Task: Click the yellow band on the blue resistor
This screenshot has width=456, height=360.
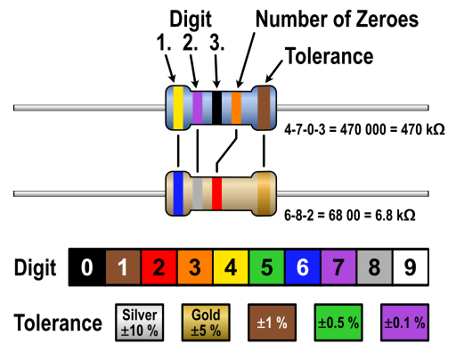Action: (178, 108)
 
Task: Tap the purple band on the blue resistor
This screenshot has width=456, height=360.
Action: (198, 108)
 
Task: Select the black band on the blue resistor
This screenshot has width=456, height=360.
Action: (216, 108)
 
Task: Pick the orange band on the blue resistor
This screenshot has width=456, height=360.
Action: (236, 108)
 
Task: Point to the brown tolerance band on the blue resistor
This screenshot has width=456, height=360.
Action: (264, 108)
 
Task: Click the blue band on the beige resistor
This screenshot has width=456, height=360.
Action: (178, 193)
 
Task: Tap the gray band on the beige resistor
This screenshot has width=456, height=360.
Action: (198, 193)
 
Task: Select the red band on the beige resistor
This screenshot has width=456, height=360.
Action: (216, 193)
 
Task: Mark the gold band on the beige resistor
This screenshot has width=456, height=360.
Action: (264, 193)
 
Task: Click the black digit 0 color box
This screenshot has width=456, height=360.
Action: (87, 267)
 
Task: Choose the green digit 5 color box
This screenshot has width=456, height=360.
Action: (266, 267)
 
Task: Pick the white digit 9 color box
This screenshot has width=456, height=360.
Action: (411, 267)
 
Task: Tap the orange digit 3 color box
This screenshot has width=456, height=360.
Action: (195, 267)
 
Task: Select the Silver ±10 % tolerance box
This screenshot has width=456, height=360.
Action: (140, 323)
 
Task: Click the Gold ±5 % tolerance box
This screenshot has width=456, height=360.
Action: (206, 323)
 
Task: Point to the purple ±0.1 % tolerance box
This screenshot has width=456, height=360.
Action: (404, 323)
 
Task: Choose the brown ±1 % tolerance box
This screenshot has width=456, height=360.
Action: (272, 323)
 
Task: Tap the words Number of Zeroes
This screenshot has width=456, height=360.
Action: (337, 19)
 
